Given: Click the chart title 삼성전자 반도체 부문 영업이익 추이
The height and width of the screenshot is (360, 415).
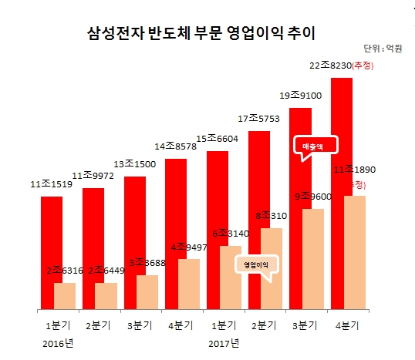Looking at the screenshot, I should (201, 33).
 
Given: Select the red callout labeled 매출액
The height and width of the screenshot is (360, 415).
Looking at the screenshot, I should (313, 146).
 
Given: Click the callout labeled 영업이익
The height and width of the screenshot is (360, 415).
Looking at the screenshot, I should (255, 264).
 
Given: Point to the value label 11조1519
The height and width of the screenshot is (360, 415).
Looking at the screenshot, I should (52, 184).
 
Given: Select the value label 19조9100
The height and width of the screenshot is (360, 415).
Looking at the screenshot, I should (301, 96).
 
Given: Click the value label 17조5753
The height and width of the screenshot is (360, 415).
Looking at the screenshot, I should (259, 119).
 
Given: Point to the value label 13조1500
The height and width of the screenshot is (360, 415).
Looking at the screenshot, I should (135, 163).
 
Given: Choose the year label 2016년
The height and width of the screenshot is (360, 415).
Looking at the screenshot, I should (59, 342).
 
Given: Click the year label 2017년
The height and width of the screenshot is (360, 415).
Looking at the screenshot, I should (224, 342).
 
